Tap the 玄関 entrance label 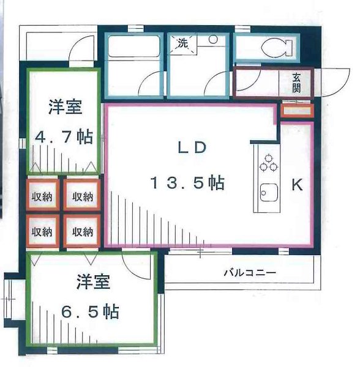[x=296, y=83]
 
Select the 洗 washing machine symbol [x=183, y=43]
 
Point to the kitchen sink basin [x=268, y=194]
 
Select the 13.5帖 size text [x=187, y=183]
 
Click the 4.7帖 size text [x=64, y=137]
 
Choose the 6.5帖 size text [x=90, y=312]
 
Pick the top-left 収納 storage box [x=42, y=197]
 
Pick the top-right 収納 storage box [x=81, y=197]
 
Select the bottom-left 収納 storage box [x=42, y=232]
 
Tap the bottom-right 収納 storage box [x=81, y=232]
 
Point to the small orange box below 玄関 [x=297, y=111]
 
